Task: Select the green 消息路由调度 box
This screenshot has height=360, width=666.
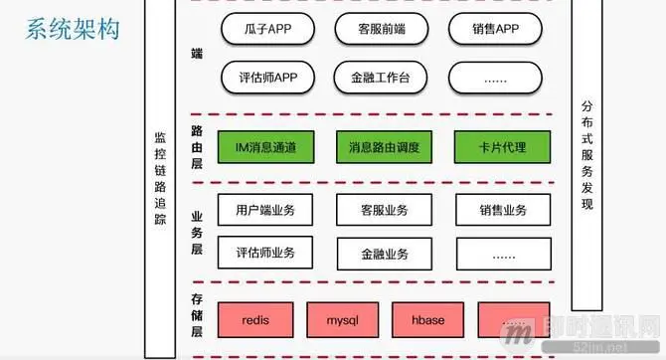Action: (383, 148)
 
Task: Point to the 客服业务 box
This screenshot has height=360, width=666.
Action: (383, 210)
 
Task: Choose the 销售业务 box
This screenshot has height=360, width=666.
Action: (502, 210)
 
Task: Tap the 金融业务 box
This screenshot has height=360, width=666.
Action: (383, 253)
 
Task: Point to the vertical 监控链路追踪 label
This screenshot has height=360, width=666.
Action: (160, 190)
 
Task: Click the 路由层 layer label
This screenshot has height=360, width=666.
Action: (196, 149)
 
